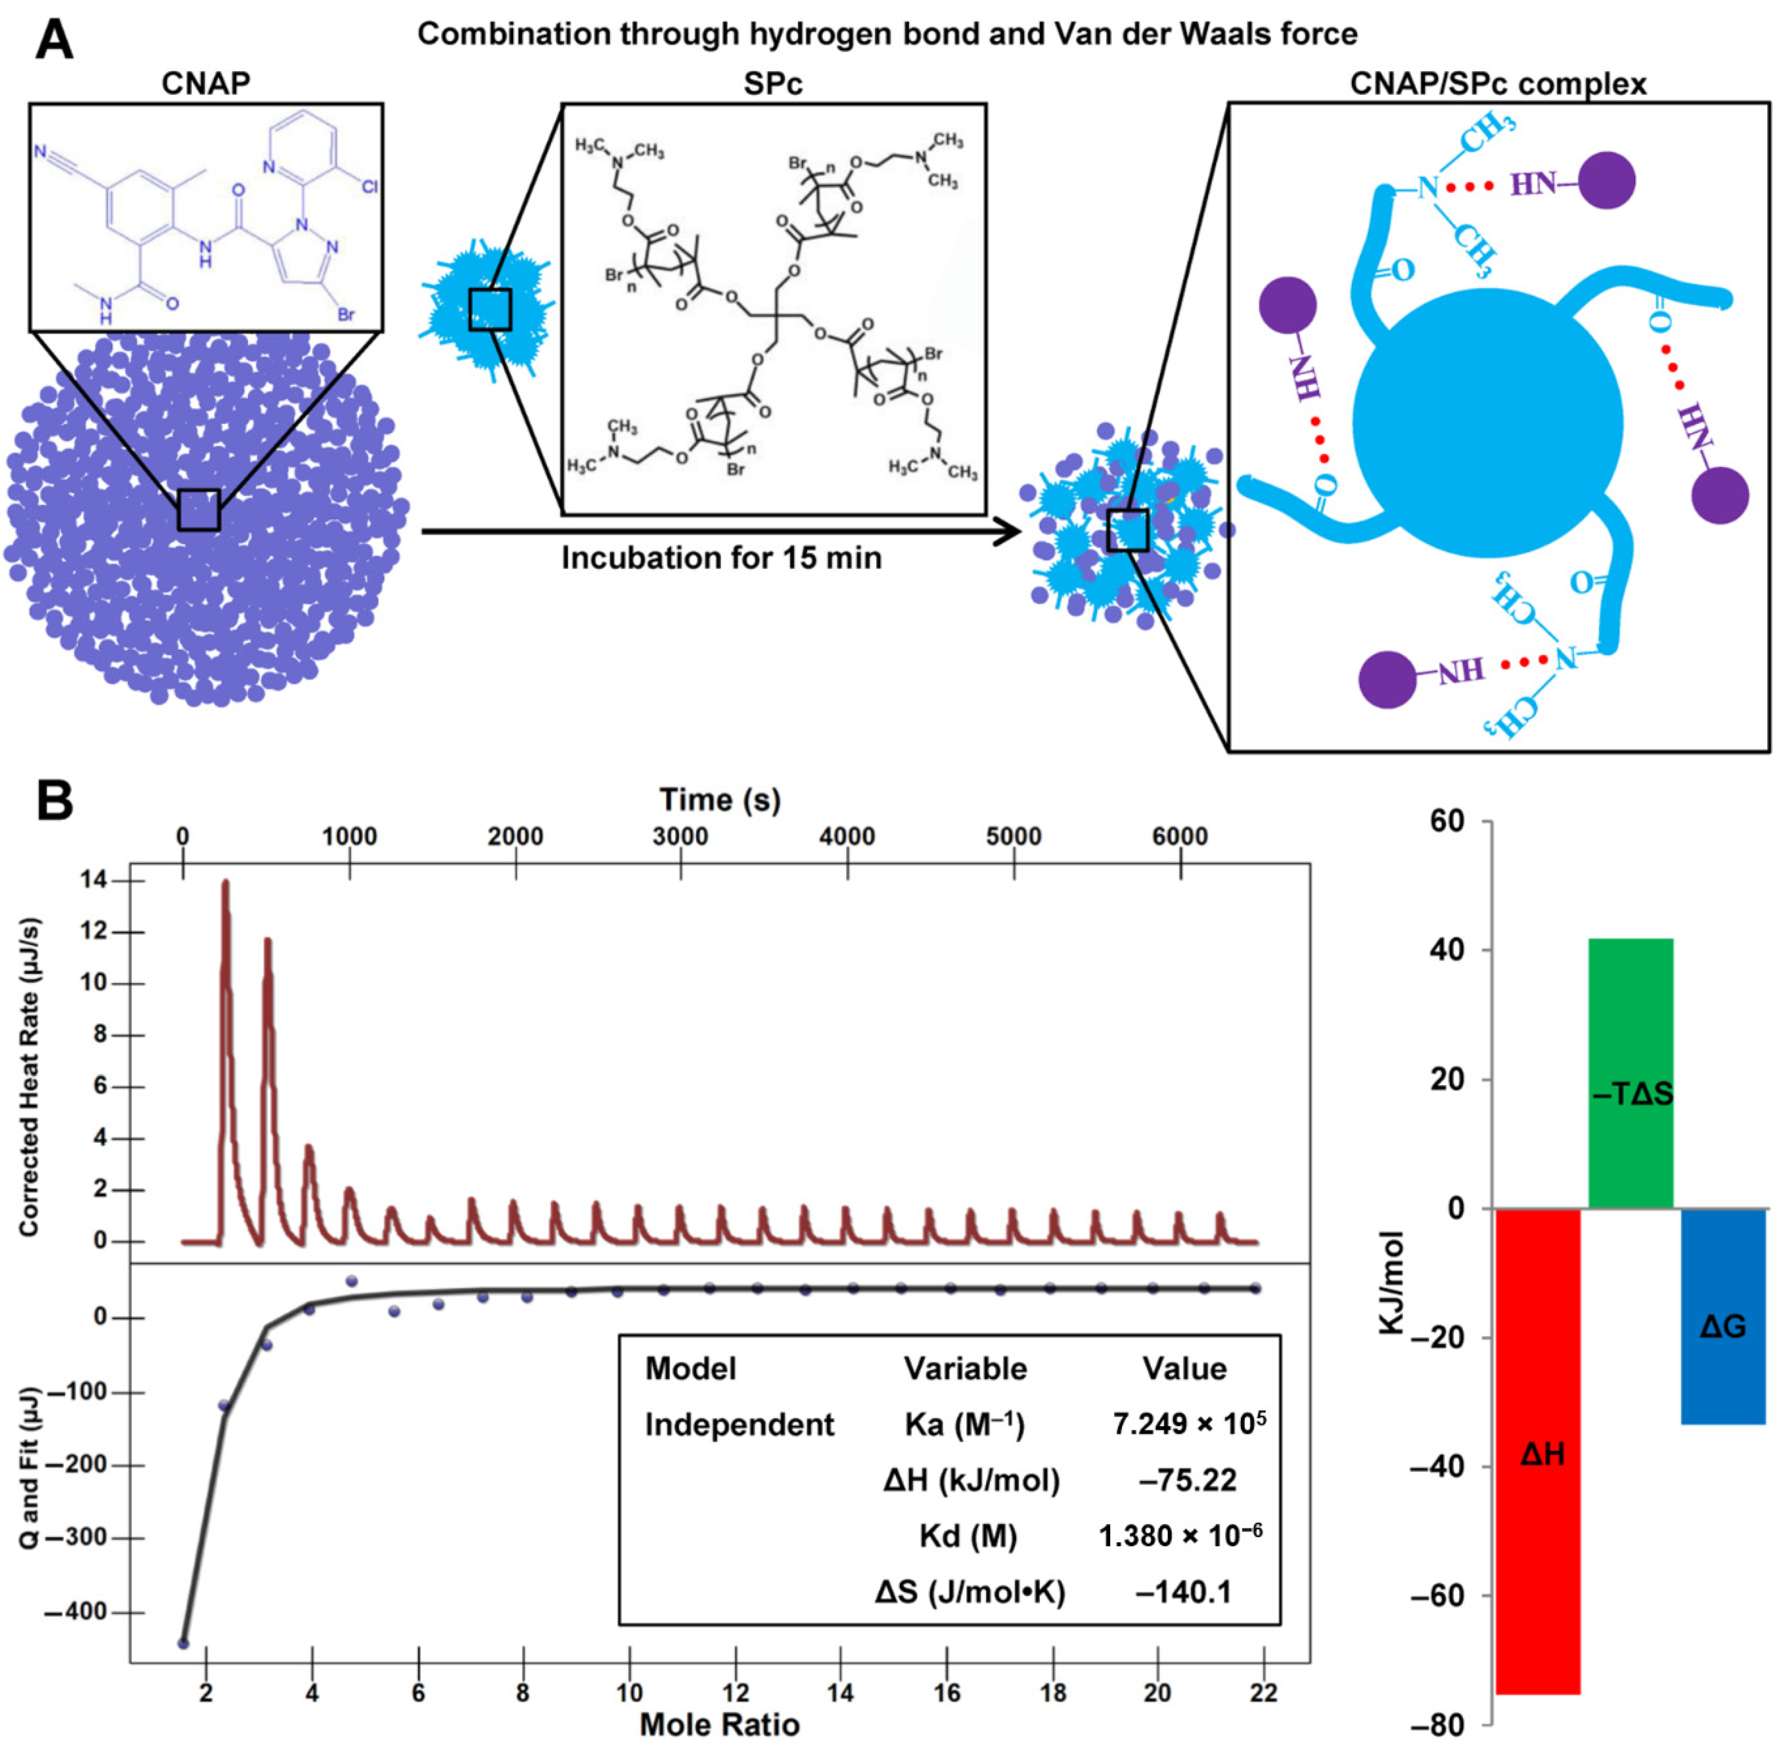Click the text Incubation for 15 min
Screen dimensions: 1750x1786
721,558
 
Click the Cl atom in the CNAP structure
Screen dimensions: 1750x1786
369,187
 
